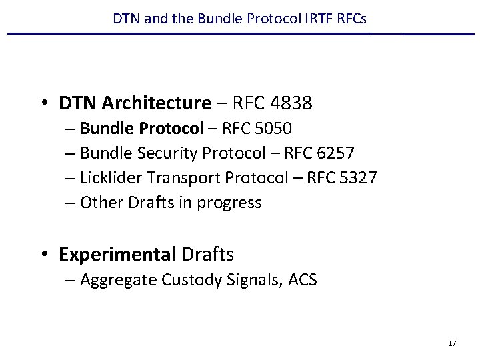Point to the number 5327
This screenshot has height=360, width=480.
click(x=363, y=178)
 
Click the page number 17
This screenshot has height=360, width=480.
click(x=452, y=343)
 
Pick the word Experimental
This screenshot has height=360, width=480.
click(x=117, y=254)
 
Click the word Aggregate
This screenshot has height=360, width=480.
click(x=117, y=280)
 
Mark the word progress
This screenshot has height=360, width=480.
click(x=228, y=203)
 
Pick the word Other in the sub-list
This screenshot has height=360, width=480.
click(x=98, y=202)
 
